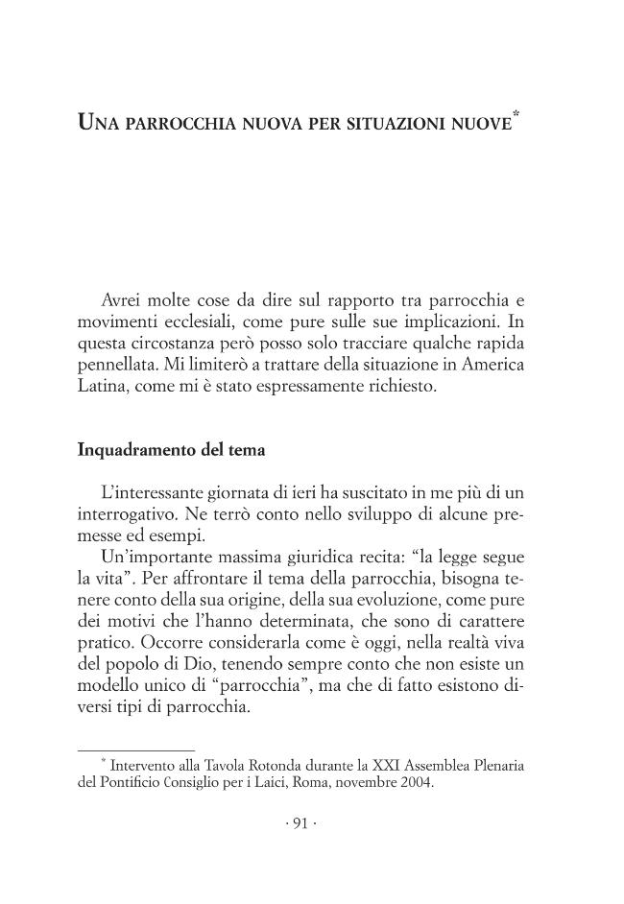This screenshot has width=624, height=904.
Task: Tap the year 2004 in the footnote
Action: (x=418, y=782)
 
